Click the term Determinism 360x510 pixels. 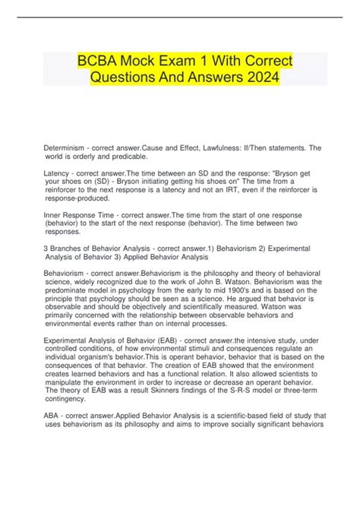click(x=66, y=147)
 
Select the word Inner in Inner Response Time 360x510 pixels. click(x=55, y=216)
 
